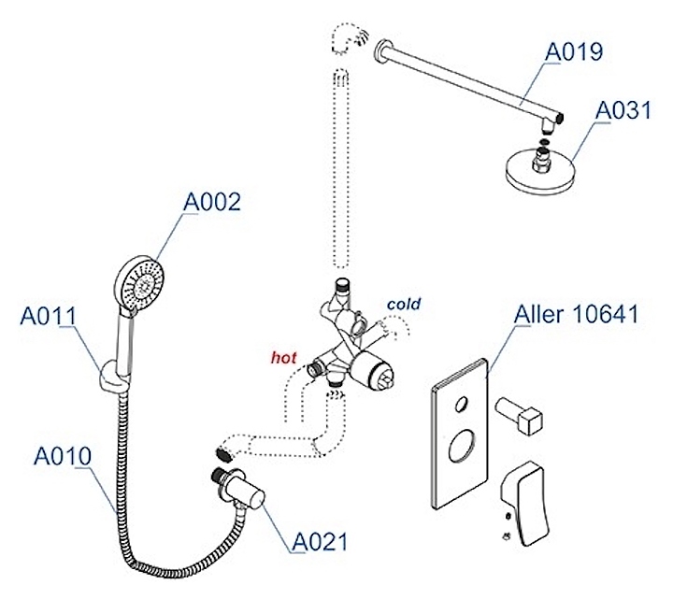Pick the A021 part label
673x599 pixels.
point(320,542)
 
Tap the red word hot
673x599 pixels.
point(283,357)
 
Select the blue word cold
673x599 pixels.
point(403,304)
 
